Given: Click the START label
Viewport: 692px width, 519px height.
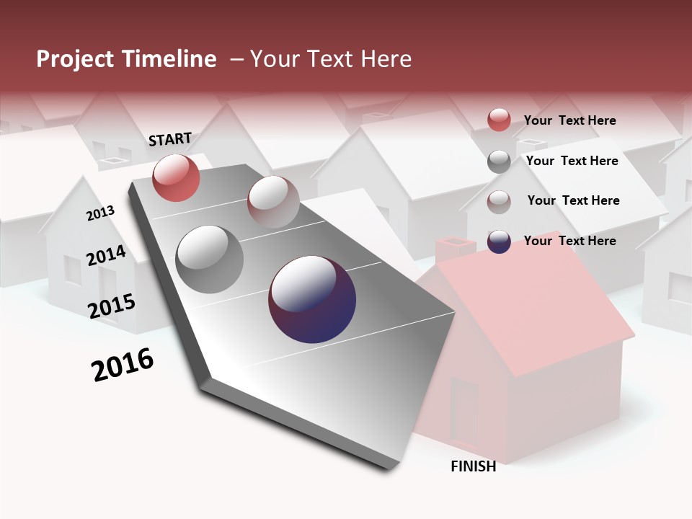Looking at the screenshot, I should [170, 139].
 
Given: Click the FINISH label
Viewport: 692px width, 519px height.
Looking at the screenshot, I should [473, 466].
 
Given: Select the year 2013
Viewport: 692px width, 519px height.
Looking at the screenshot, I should [100, 213].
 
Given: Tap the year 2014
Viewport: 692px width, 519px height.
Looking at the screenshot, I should [106, 255].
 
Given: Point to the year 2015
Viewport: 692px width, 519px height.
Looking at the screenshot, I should [111, 306].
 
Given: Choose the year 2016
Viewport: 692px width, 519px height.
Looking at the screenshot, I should [123, 365].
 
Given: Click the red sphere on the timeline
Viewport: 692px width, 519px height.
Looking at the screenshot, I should [176, 177].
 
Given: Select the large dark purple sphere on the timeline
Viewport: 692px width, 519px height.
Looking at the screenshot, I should [312, 299].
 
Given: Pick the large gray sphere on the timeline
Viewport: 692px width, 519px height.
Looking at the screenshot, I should [210, 259].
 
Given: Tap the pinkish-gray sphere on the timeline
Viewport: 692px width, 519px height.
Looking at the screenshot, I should [273, 202].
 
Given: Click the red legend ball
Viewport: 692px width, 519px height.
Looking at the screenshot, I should [499, 120].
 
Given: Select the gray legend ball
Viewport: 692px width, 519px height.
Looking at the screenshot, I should [499, 161].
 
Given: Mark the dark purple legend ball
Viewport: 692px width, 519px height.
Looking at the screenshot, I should [499, 242].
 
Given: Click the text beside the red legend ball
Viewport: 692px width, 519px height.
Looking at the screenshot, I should [569, 120].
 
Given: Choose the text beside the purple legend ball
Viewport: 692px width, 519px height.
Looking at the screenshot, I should [569, 241].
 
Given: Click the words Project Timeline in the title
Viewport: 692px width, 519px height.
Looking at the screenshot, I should [126, 59].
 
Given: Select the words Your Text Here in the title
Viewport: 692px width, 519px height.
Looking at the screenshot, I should [331, 59].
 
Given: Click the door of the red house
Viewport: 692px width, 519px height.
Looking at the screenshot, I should [464, 412].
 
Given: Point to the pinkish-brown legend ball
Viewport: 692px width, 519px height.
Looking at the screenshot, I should [499, 202].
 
